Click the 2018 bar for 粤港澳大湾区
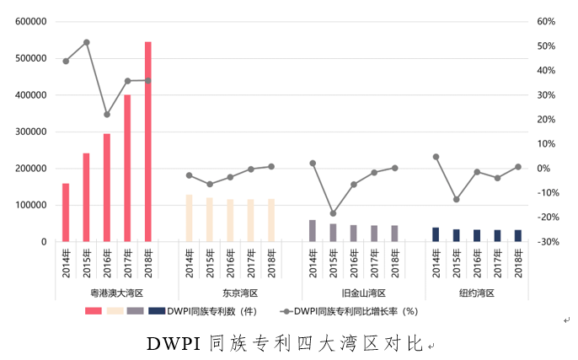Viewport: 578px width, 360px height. coord(148,142)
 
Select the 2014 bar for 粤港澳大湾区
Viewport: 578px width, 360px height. coord(66,212)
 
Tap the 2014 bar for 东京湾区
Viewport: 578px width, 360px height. coord(189,218)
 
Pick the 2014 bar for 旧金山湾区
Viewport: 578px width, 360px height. coord(313,231)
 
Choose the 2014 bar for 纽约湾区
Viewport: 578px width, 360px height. coord(436,234)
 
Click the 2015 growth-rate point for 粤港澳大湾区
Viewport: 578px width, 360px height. coord(87,42)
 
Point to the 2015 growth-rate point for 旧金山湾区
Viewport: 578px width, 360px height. coord(333,213)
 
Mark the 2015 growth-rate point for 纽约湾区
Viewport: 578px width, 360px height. coord(456,200)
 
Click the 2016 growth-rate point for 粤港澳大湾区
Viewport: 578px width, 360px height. coord(107,115)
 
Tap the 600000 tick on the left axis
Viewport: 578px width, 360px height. coord(30,22)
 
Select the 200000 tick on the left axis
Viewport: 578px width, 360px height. coord(30,169)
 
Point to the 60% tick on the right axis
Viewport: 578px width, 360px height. coord(545,22)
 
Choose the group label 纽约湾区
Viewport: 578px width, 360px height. coord(477,293)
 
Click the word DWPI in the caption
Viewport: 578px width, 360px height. coord(173,344)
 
